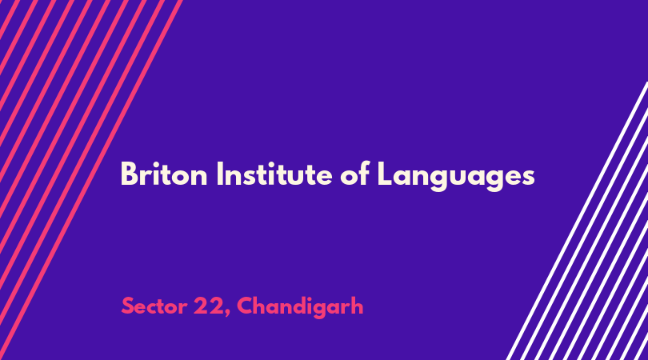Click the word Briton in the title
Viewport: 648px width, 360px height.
[x=164, y=174]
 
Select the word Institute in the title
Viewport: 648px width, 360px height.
[x=274, y=174]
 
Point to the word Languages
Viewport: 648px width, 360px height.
[x=456, y=177]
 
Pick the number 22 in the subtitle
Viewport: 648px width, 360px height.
[x=209, y=306]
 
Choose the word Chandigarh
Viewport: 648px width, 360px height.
[x=300, y=307]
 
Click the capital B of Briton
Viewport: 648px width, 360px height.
[x=129, y=174]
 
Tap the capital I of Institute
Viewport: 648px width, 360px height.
[x=219, y=174]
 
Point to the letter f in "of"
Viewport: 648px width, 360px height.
[x=364, y=174]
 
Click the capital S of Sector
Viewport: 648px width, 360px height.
[x=128, y=306]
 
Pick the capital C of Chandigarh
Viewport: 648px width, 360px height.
[x=245, y=306]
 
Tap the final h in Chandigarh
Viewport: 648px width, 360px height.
[x=358, y=306]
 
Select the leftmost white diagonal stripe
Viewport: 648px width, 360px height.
[x=578, y=221]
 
